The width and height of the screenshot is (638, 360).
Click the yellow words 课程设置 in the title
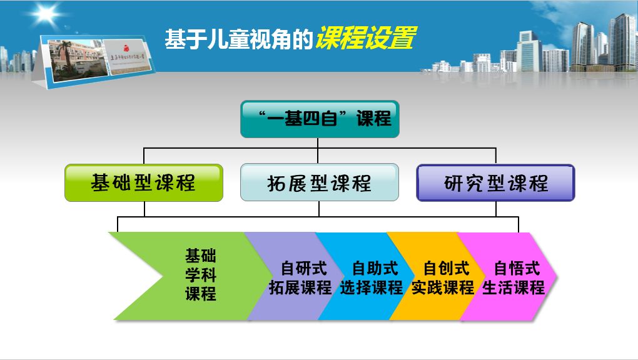click(365, 39)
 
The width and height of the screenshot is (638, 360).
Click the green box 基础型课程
click(144, 182)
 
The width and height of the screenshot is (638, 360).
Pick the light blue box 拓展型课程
click(319, 182)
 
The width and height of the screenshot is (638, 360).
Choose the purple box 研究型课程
click(495, 182)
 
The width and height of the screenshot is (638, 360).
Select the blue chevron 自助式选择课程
click(369, 277)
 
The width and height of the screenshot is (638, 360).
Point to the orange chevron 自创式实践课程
click(441, 277)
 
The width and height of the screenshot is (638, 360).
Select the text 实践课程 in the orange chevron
click(443, 287)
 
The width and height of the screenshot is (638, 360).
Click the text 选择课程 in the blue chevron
click(372, 287)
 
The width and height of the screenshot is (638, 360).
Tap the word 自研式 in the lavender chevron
click(304, 269)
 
